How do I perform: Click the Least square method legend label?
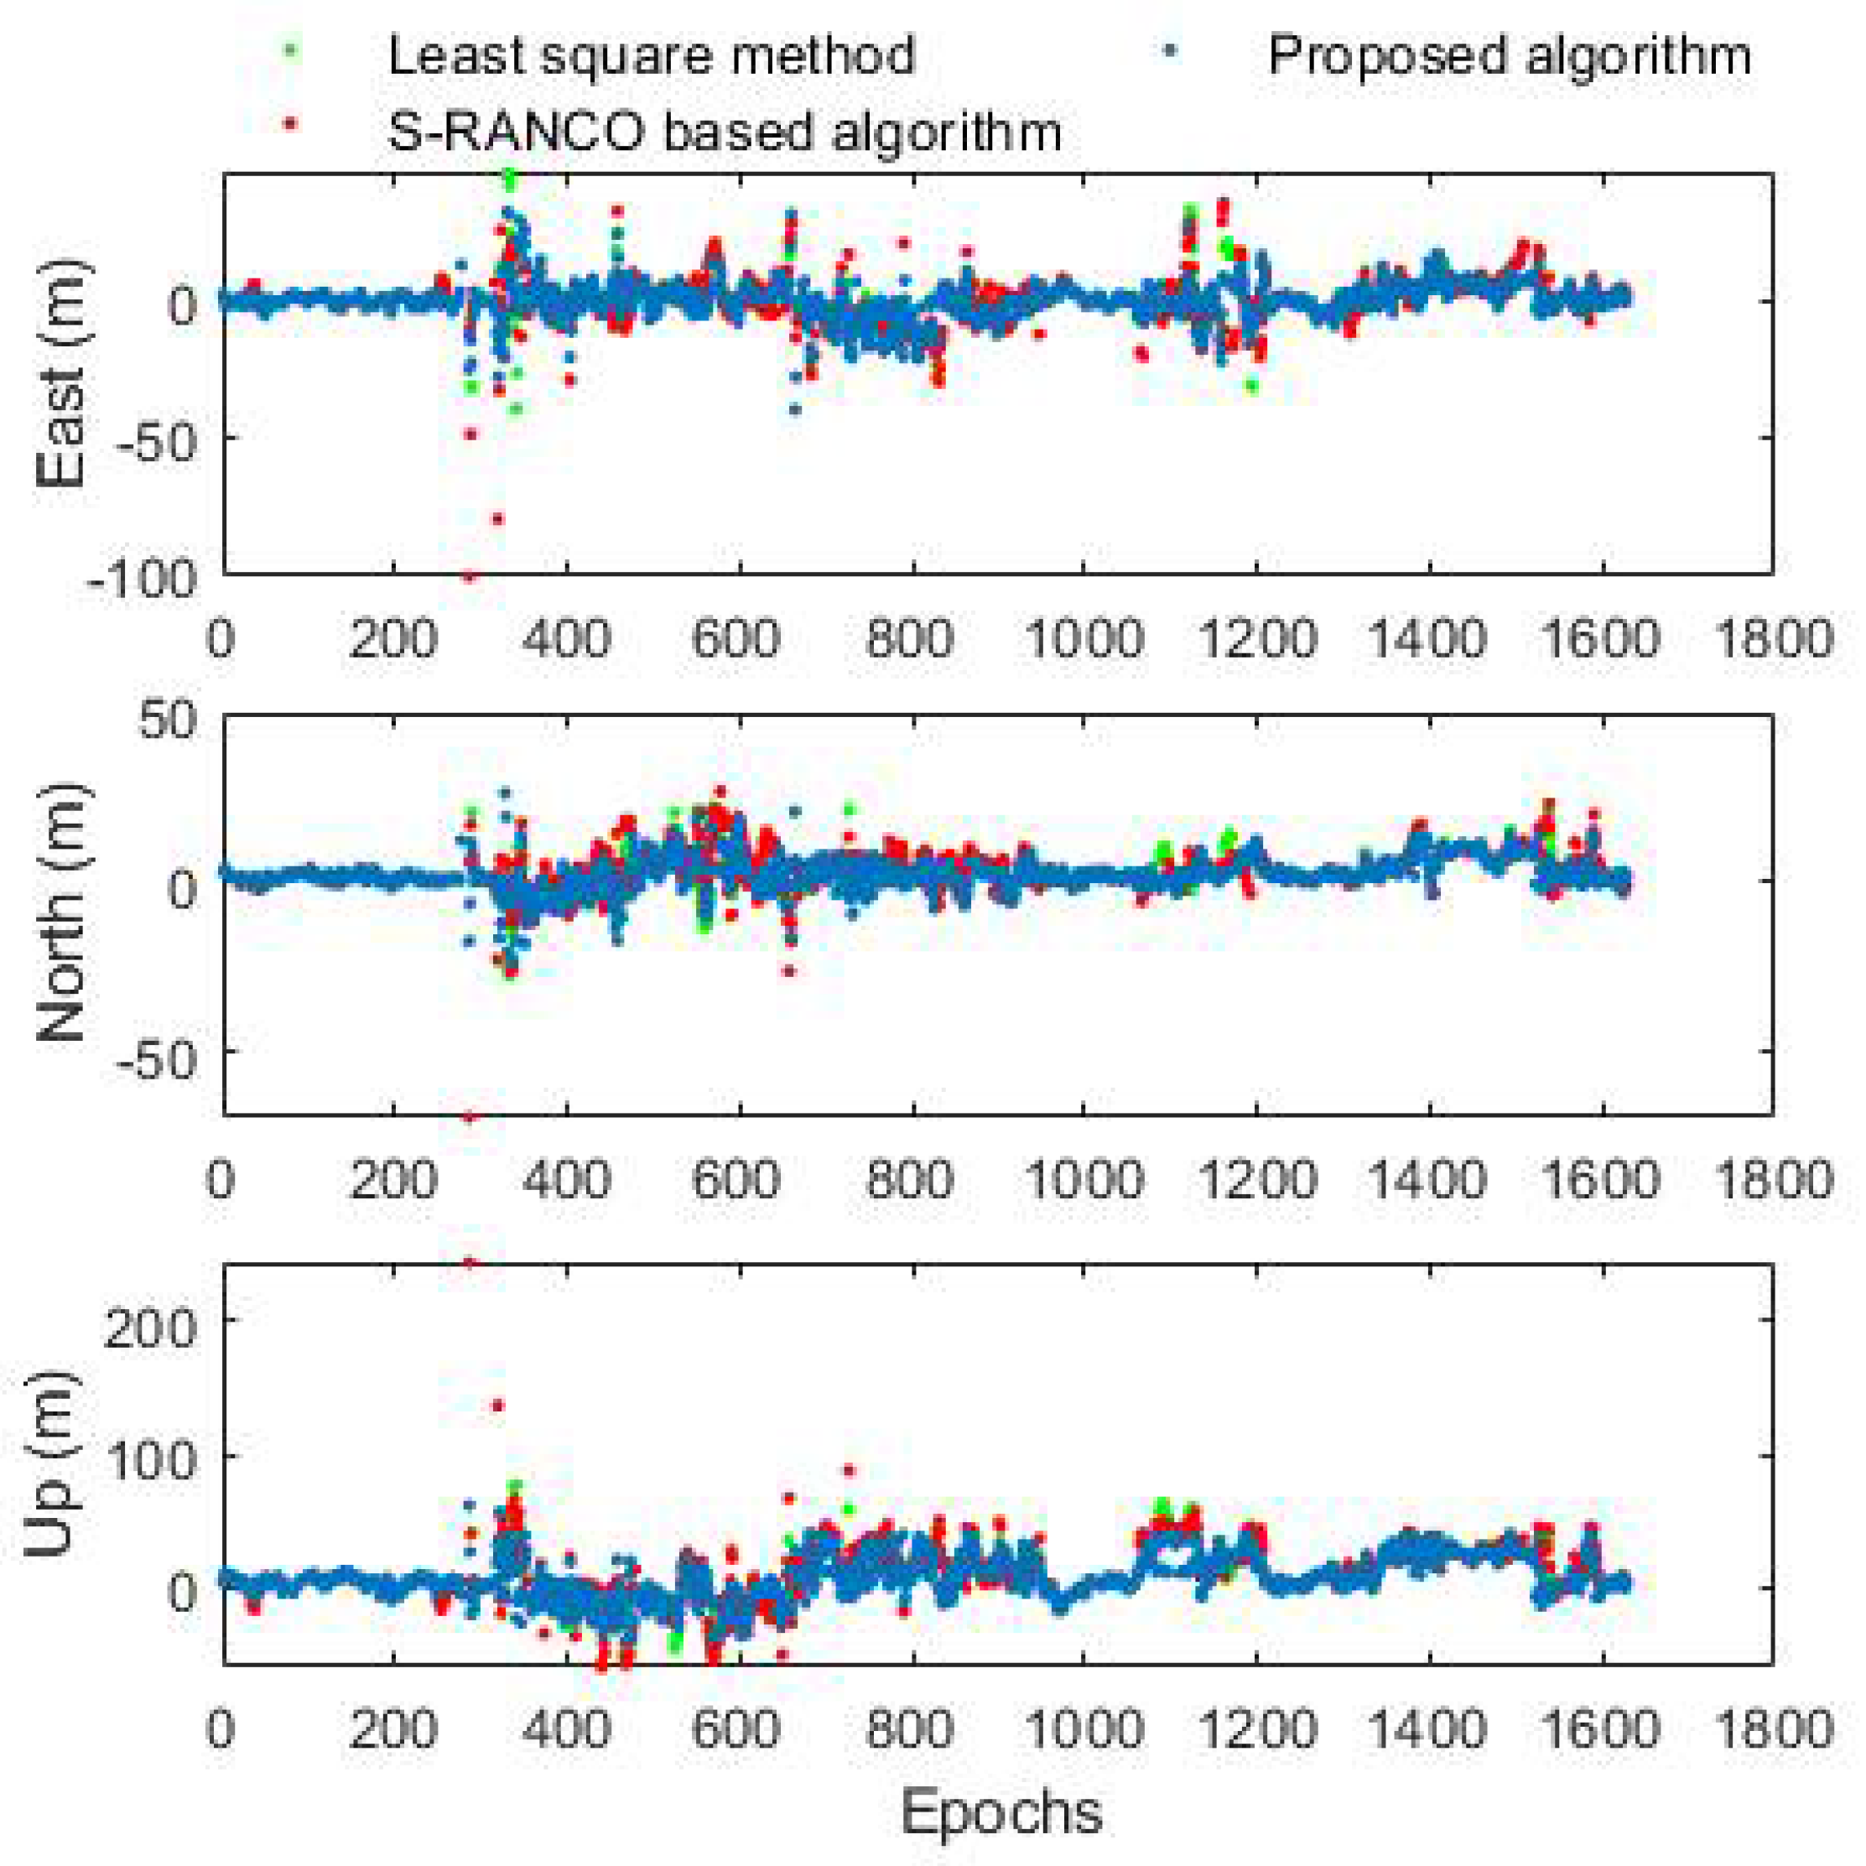point(651,56)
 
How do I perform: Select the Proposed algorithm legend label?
point(1509,56)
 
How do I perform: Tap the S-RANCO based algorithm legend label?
point(725,132)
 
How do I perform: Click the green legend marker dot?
point(288,47)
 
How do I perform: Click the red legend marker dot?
point(288,122)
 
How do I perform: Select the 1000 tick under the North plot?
point(1084,1180)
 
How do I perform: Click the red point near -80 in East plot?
point(497,518)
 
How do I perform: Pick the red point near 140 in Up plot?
point(498,1406)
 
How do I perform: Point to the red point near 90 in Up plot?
point(849,1470)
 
